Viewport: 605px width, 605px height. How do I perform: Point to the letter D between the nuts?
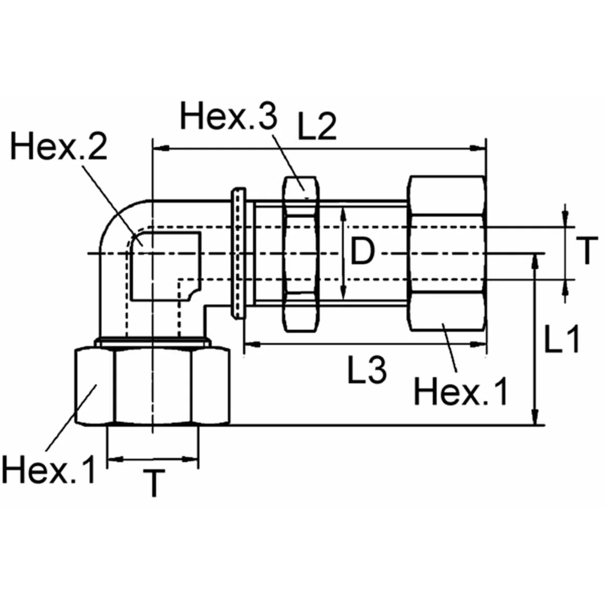point(362,252)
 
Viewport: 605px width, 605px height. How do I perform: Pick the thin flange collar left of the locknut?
point(238,253)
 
